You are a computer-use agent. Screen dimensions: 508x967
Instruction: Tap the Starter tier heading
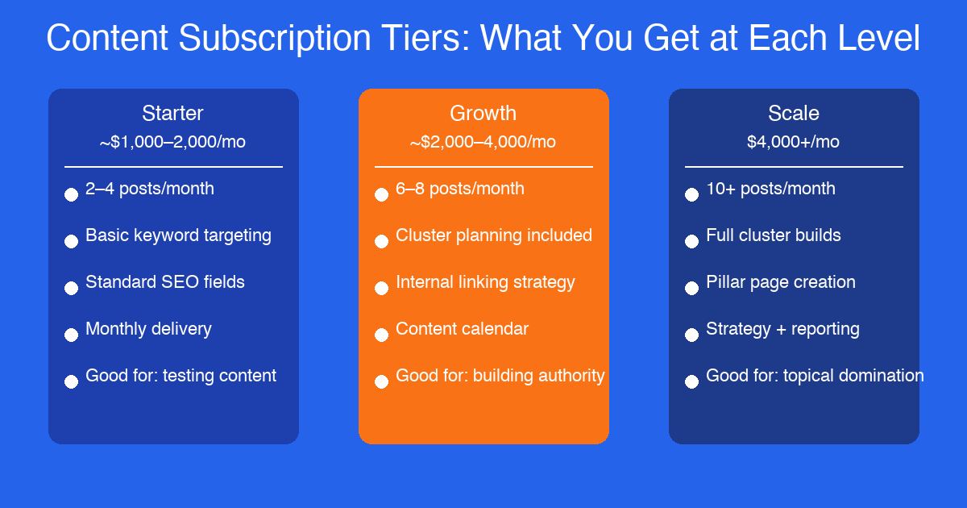point(172,113)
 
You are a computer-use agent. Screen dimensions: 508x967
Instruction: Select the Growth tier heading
point(483,113)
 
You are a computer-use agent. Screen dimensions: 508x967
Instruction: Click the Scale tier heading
point(793,113)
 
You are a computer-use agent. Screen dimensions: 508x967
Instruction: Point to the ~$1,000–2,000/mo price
point(172,142)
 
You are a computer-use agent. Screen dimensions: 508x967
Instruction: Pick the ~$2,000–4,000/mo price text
point(483,142)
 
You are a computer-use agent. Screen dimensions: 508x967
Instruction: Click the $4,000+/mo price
point(793,142)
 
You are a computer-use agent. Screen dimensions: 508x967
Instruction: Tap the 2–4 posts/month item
point(150,189)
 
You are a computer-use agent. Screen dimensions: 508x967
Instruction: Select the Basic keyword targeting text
point(178,235)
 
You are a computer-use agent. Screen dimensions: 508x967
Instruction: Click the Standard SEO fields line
point(165,282)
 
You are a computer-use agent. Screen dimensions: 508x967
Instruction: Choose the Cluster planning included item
point(494,235)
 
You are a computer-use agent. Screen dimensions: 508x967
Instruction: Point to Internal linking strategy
point(485,282)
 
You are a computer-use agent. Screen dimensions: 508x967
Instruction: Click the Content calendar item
point(462,329)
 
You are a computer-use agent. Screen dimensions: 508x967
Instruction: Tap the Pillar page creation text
point(780,282)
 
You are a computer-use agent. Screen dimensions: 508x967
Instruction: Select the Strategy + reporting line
point(782,329)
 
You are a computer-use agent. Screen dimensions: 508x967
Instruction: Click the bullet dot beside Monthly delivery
point(71,335)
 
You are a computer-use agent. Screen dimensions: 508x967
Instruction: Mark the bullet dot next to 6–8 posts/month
point(381,195)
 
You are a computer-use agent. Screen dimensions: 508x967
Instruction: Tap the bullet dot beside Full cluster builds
point(691,242)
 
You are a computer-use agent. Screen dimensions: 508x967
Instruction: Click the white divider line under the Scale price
point(794,167)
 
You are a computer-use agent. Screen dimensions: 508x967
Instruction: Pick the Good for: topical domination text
point(815,376)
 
